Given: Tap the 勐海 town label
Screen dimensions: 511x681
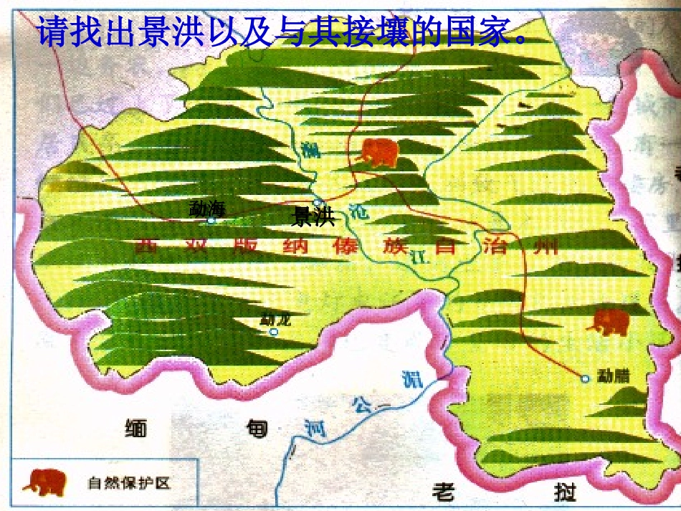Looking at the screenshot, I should (x=206, y=209).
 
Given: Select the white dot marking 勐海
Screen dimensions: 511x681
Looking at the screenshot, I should (x=211, y=221).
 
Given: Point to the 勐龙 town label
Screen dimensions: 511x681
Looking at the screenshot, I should (x=275, y=319).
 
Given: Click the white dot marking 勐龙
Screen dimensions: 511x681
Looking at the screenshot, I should (x=273, y=332).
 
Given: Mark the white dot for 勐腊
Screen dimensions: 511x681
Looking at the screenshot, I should (x=585, y=378).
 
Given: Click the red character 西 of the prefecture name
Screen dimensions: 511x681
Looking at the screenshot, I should (x=147, y=246).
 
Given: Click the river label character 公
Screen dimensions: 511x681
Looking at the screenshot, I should (x=361, y=406).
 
